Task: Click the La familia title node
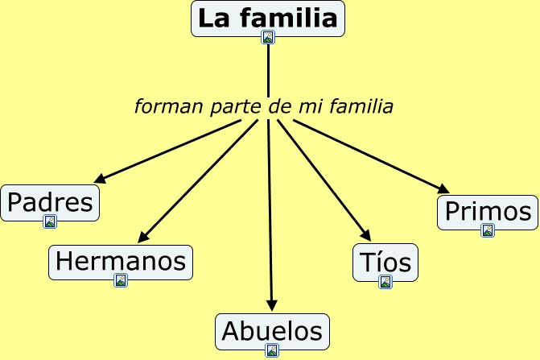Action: coord(267,18)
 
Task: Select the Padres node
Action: coord(50,201)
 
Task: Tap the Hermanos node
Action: coord(121,261)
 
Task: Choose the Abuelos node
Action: coord(272,330)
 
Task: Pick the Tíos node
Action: coord(385,262)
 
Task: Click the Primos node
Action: coord(488,212)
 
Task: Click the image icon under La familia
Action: coord(268,37)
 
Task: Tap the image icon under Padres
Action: coord(50,221)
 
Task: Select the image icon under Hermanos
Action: coord(121,280)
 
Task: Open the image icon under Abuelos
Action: coord(272,350)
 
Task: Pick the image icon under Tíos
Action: coord(385,282)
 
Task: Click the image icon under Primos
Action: coord(488,231)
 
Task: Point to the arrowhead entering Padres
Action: coord(99,180)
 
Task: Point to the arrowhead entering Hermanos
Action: coord(142,238)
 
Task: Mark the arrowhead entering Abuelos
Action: coord(272,306)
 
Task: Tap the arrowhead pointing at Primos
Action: coord(444,189)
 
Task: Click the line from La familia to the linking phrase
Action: coord(268,68)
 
